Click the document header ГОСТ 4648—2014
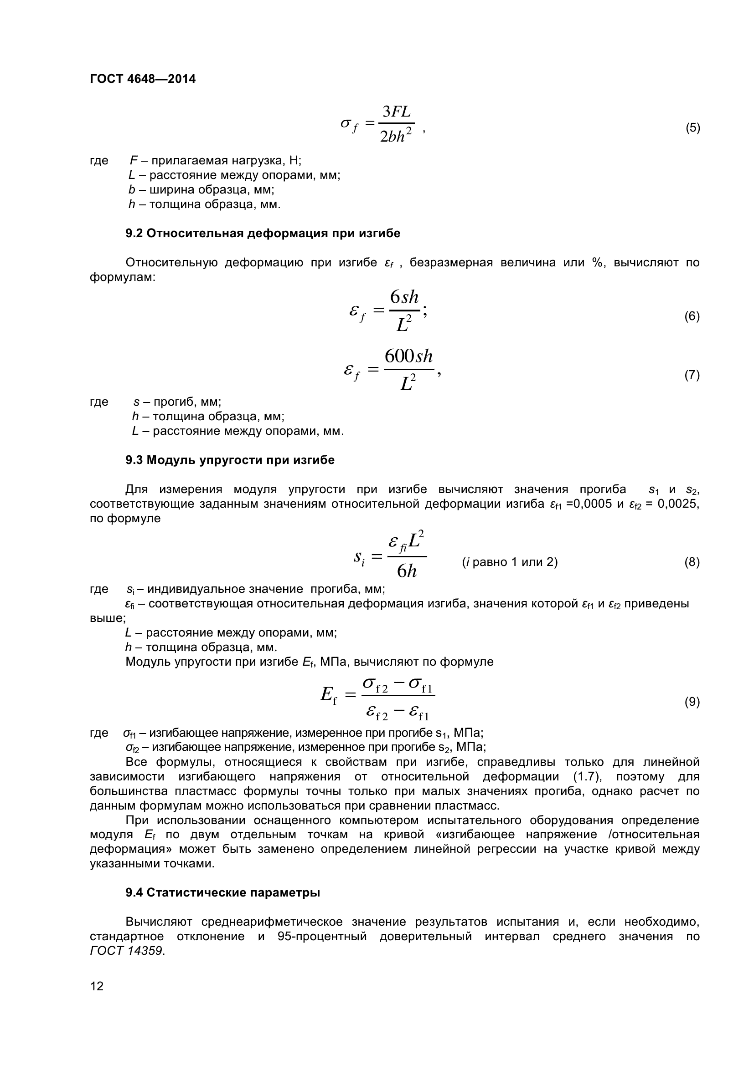pos(143,79)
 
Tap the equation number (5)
pos(692,128)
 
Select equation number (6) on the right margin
pos(692,316)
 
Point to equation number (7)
pos(692,375)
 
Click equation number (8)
pos(692,562)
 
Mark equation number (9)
pos(692,702)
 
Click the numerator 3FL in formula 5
pos(397,112)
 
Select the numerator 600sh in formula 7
pos(408,356)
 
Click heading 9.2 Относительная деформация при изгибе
pos(263,233)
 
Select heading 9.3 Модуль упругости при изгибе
pos(230,460)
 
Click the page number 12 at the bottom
pos(97,986)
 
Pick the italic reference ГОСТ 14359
pos(127,950)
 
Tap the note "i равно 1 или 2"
pos(509,562)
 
